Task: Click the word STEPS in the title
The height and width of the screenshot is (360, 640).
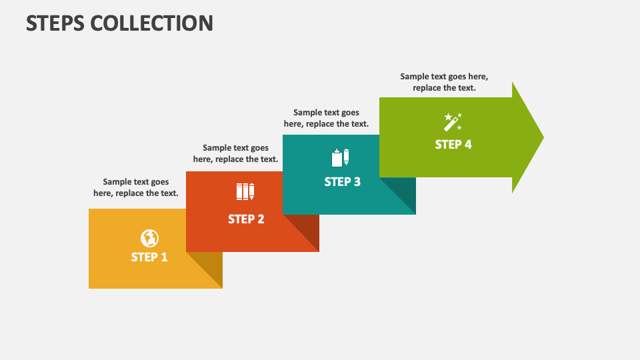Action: (x=55, y=23)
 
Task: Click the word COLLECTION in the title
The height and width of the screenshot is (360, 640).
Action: (x=151, y=23)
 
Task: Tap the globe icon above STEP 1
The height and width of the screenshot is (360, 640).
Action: (x=149, y=239)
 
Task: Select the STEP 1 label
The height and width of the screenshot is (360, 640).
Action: (x=149, y=257)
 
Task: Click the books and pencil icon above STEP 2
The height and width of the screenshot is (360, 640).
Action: (x=245, y=192)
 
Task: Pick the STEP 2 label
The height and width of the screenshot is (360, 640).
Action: (x=246, y=219)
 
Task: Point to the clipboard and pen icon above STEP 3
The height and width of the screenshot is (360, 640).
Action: (x=341, y=158)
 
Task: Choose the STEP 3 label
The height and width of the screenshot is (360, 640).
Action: (x=343, y=181)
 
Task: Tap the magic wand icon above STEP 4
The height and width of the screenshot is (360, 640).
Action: (x=453, y=122)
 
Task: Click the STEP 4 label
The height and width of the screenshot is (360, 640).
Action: (x=453, y=145)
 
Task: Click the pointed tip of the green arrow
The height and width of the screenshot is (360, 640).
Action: (x=544, y=137)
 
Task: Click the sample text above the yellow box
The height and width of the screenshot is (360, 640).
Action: (x=136, y=187)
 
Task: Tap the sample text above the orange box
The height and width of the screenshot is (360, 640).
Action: (x=235, y=153)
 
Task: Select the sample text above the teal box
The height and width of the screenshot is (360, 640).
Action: (x=326, y=118)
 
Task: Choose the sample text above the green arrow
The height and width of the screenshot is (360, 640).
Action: (x=444, y=82)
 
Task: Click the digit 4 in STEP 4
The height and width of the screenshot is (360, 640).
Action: (x=468, y=145)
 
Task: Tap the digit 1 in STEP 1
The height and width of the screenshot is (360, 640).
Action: (x=164, y=257)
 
